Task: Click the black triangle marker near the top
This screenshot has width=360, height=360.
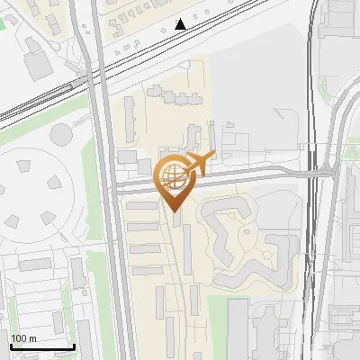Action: tap(182, 24)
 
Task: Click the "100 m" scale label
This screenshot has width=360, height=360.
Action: tap(22, 338)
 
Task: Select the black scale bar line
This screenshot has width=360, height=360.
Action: tap(41, 347)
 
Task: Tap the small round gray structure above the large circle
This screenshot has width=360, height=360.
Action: tap(61, 135)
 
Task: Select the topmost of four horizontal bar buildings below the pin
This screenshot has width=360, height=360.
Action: tap(141, 207)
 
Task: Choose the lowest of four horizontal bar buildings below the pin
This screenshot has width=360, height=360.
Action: tap(146, 269)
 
